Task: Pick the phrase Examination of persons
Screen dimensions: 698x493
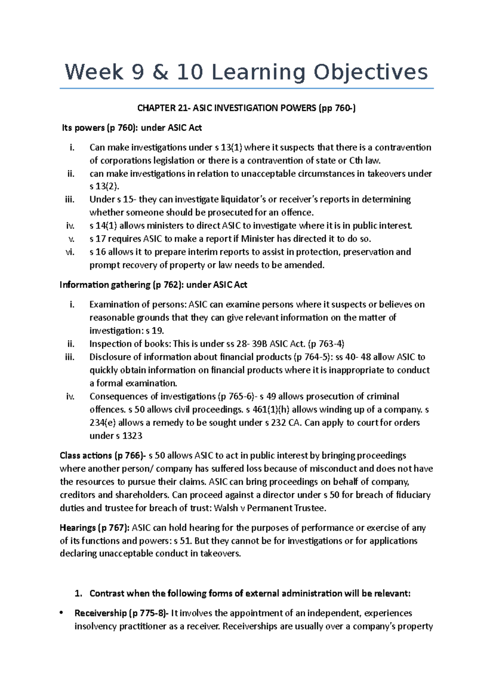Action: click(x=137, y=305)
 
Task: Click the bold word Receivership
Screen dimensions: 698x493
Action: click(x=100, y=613)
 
